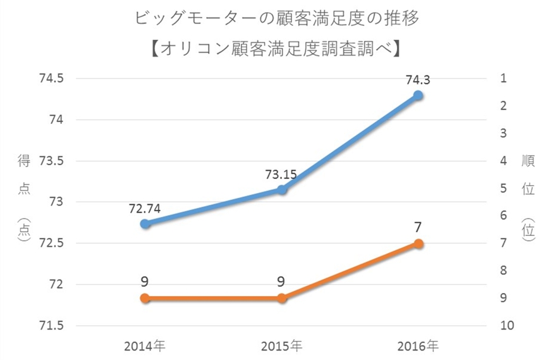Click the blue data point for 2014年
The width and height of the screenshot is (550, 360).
pyautogui.click(x=145, y=223)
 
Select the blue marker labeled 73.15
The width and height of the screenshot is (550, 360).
pyautogui.click(x=282, y=189)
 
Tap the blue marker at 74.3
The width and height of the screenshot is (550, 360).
pyautogui.click(x=418, y=95)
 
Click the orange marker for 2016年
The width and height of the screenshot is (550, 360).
pyautogui.click(x=418, y=244)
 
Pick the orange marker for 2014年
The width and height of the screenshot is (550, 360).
pyautogui.click(x=145, y=298)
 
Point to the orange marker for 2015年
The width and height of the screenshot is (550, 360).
pyautogui.click(x=282, y=298)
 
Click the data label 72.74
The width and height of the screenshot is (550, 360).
pyautogui.click(x=145, y=207)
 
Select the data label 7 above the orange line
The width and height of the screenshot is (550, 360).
pyautogui.click(x=418, y=227)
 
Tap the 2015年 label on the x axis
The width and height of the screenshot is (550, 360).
pyautogui.click(x=281, y=346)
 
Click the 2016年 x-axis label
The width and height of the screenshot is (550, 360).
pyautogui.click(x=418, y=346)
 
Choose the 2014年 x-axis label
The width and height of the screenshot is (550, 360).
pyautogui.click(x=145, y=346)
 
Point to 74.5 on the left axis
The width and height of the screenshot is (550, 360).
pyautogui.click(x=52, y=78)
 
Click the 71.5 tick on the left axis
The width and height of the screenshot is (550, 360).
pyautogui.click(x=52, y=326)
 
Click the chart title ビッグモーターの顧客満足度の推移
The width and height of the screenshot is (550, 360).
pyautogui.click(x=277, y=18)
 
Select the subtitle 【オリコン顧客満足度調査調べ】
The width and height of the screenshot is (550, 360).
pyautogui.click(x=277, y=49)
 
